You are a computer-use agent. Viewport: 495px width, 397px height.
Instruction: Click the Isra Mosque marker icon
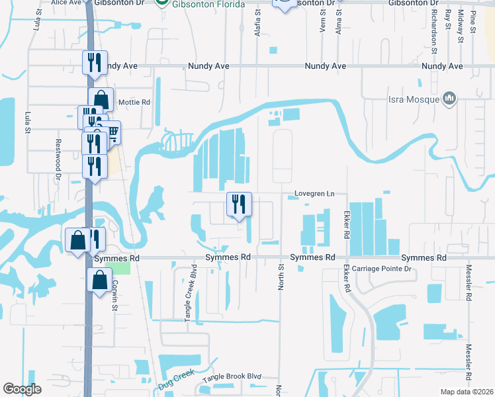tap(449, 99)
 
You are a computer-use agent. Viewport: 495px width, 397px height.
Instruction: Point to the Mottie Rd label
tap(134, 103)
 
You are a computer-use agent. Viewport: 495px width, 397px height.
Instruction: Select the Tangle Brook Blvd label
tap(232, 376)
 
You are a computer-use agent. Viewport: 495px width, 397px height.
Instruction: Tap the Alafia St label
tap(258, 24)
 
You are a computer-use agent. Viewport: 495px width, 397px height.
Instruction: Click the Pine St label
tap(472, 22)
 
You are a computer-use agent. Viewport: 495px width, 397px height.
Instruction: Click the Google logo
tap(22, 388)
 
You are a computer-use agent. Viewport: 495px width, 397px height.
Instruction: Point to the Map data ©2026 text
tap(467, 392)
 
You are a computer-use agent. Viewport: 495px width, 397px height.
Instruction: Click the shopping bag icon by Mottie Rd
tap(101, 100)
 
